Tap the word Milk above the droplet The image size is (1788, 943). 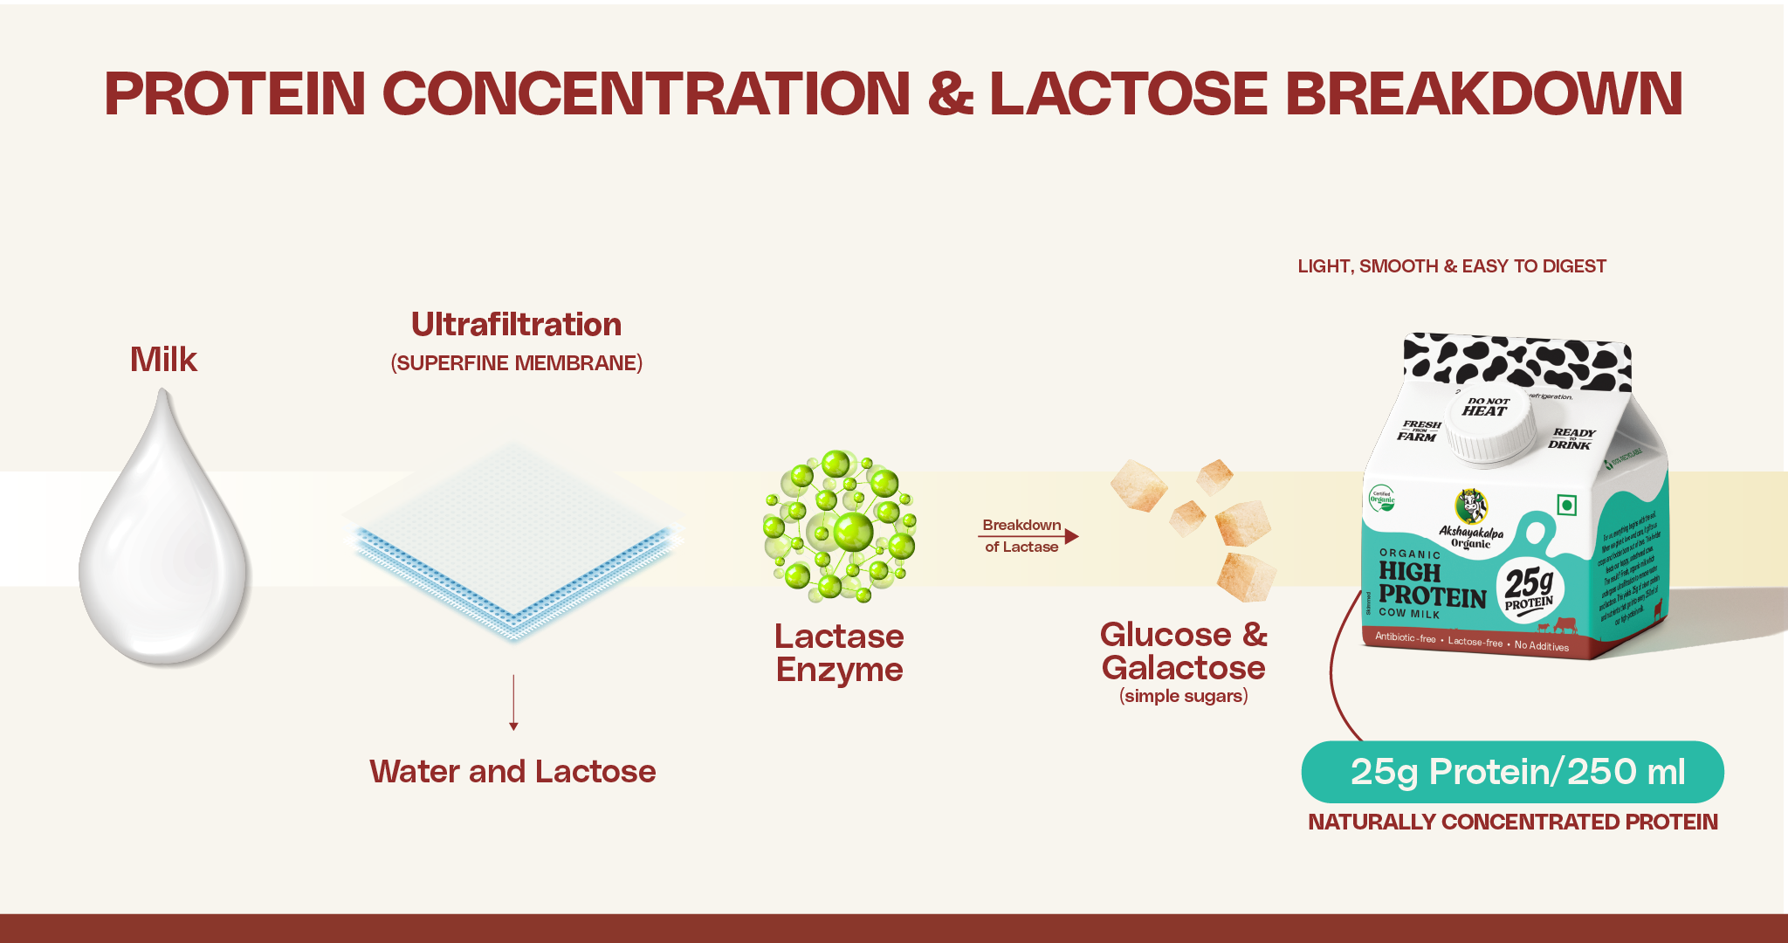coord(163,360)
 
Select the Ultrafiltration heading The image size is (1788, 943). coord(516,325)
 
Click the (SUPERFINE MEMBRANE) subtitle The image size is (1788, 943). coord(516,363)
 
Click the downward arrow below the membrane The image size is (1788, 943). coord(513,702)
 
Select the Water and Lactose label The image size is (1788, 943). coord(512,772)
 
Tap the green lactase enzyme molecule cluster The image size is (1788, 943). coord(839,527)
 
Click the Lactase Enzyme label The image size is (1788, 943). coord(839,653)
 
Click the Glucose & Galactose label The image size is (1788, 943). coord(1183,650)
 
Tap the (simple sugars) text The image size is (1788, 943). coord(1183,696)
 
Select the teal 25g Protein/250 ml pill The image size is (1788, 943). coord(1512,772)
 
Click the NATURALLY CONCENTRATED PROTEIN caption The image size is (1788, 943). coord(1512,823)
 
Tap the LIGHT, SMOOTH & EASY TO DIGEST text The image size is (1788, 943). coord(1451,266)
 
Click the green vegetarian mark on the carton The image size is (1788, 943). coord(1567,505)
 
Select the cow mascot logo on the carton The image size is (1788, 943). coord(1471,506)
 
